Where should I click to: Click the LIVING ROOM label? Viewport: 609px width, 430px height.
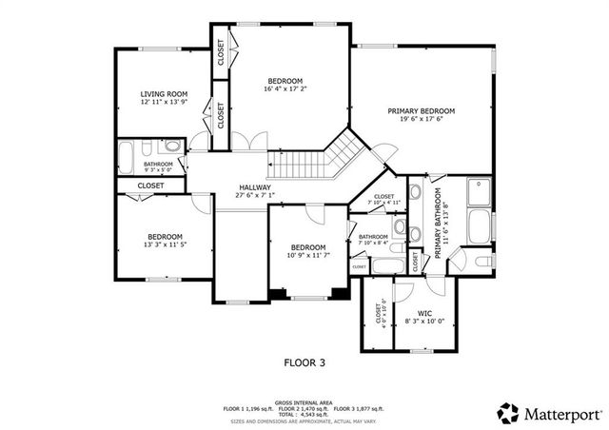coord(164,93)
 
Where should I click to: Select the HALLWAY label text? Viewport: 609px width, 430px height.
coord(254,187)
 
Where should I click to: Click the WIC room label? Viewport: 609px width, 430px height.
coord(426,313)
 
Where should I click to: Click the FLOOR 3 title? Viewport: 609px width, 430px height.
coord(304,362)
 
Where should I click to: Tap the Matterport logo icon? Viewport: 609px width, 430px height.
coord(508,412)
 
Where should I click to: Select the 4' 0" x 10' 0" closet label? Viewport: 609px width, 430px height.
coord(383,313)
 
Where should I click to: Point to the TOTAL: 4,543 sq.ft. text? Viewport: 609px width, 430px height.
coord(304,413)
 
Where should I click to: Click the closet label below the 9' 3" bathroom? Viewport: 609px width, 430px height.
coord(150,186)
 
